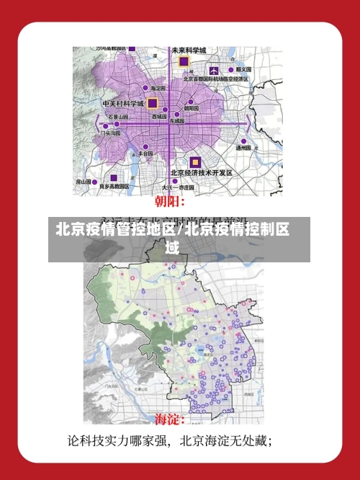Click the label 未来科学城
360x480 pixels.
[189, 50]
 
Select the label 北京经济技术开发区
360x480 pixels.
[201, 173]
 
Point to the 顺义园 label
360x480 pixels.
[243, 69]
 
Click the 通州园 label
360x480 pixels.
[243, 148]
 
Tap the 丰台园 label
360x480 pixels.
[144, 154]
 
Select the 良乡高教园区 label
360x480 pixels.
[114, 186]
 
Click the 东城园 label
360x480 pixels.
[177, 121]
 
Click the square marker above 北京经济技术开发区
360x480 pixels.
[194, 162]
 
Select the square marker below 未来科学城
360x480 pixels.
[184, 62]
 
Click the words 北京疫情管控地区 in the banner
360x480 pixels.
[115, 231]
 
